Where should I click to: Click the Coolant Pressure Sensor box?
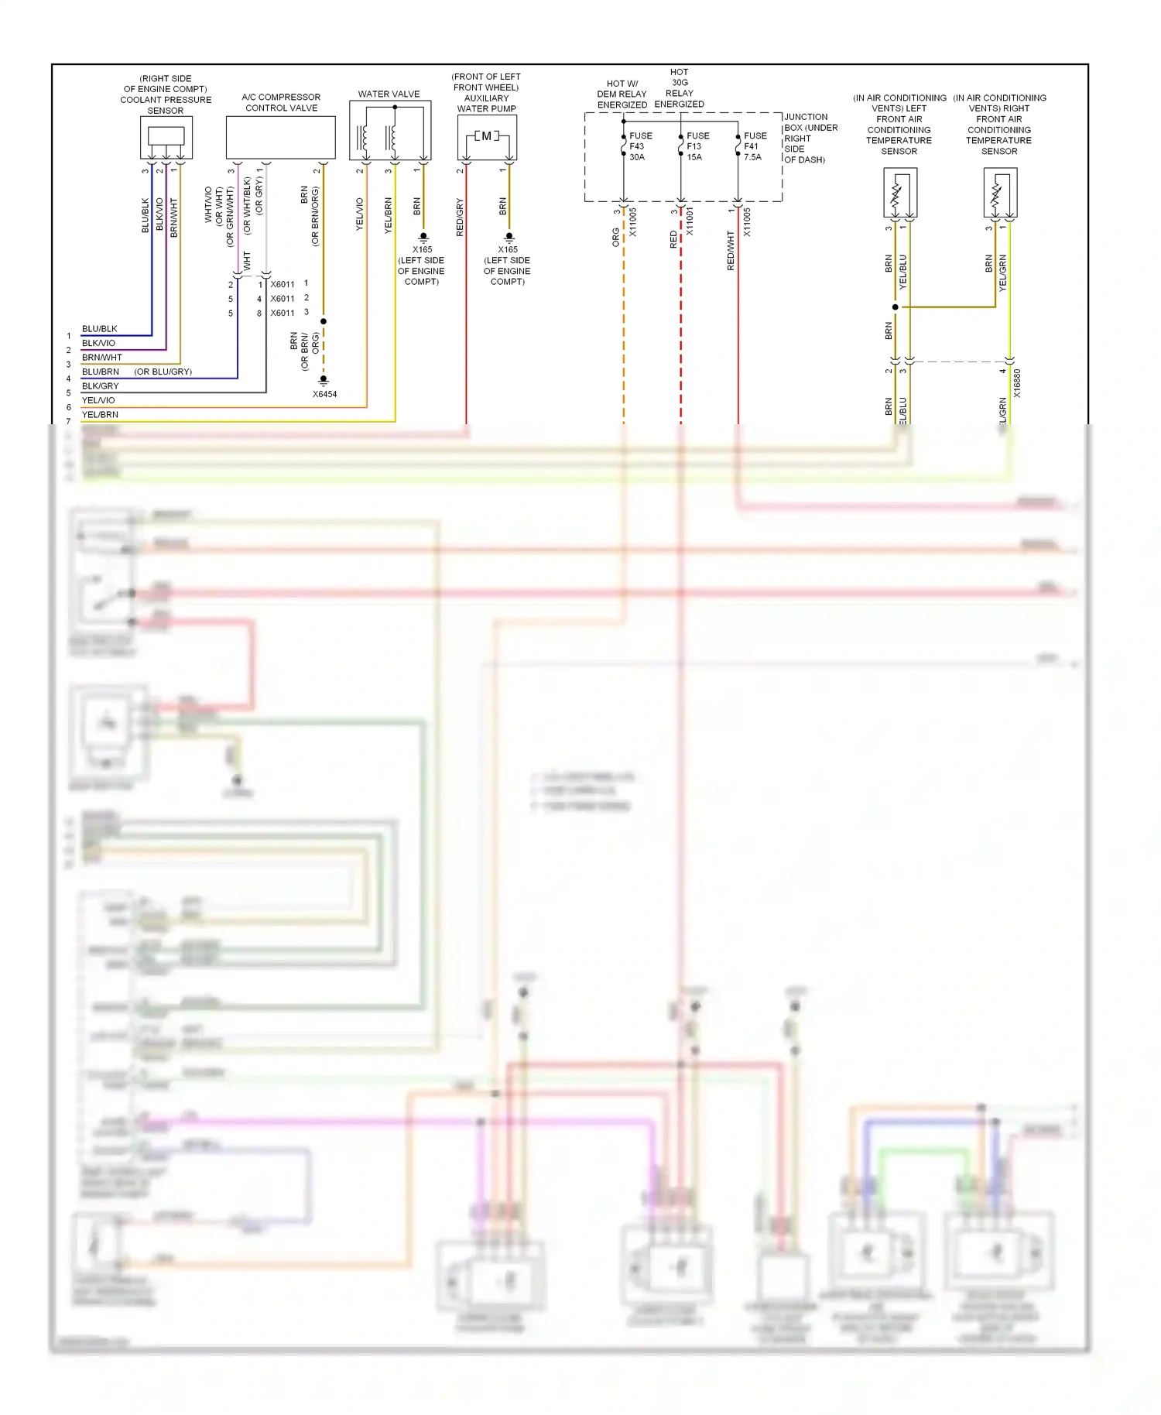click(x=166, y=138)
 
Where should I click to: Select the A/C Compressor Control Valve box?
click(x=280, y=138)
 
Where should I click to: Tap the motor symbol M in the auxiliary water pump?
click(x=485, y=136)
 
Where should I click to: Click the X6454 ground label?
click(x=324, y=394)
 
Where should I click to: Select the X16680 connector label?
click(x=1017, y=383)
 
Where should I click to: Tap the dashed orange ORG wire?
click(x=624, y=325)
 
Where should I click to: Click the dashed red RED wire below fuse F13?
click(x=681, y=325)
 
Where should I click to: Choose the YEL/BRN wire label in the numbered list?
click(x=100, y=415)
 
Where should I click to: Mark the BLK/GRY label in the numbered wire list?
click(x=100, y=386)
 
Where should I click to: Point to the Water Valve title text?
click(x=389, y=94)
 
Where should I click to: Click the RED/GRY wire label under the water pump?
click(x=460, y=218)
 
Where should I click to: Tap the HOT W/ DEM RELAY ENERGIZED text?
click(x=622, y=94)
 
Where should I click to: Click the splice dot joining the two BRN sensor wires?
click(x=896, y=307)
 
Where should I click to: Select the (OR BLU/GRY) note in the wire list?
click(x=163, y=372)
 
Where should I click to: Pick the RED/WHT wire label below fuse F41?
click(x=731, y=250)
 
